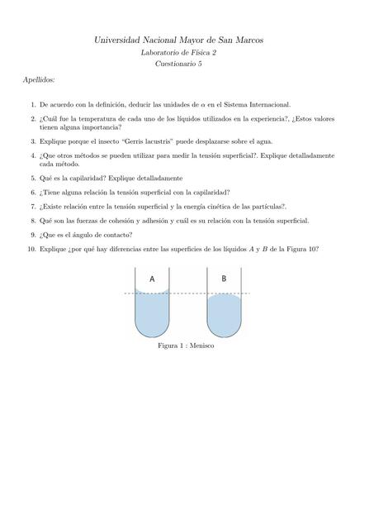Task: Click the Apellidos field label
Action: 39,80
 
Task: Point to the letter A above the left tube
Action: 153,279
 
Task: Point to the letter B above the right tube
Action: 224,279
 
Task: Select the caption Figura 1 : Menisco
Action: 186,346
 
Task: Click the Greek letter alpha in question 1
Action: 214,106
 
